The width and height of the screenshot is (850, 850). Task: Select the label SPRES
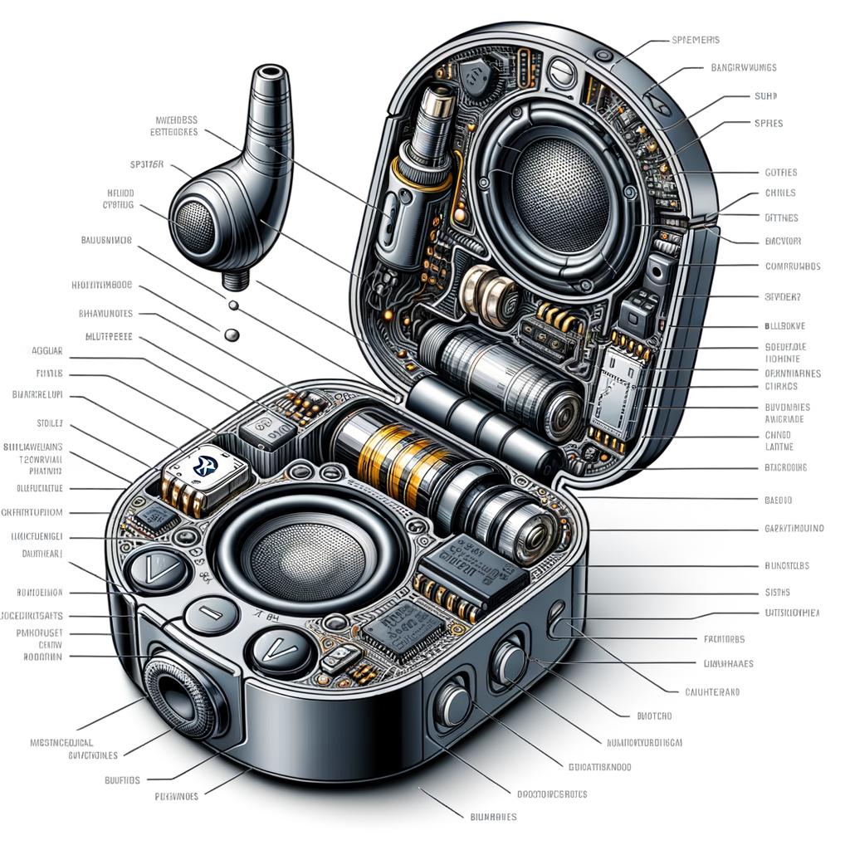pyautogui.click(x=769, y=124)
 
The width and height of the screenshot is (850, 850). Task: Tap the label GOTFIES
pyautogui.click(x=779, y=173)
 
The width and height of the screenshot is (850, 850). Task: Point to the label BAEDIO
pyautogui.click(x=777, y=501)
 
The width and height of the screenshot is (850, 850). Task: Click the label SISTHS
pyautogui.click(x=776, y=593)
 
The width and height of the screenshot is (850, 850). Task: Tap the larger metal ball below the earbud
pyautogui.click(x=232, y=334)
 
